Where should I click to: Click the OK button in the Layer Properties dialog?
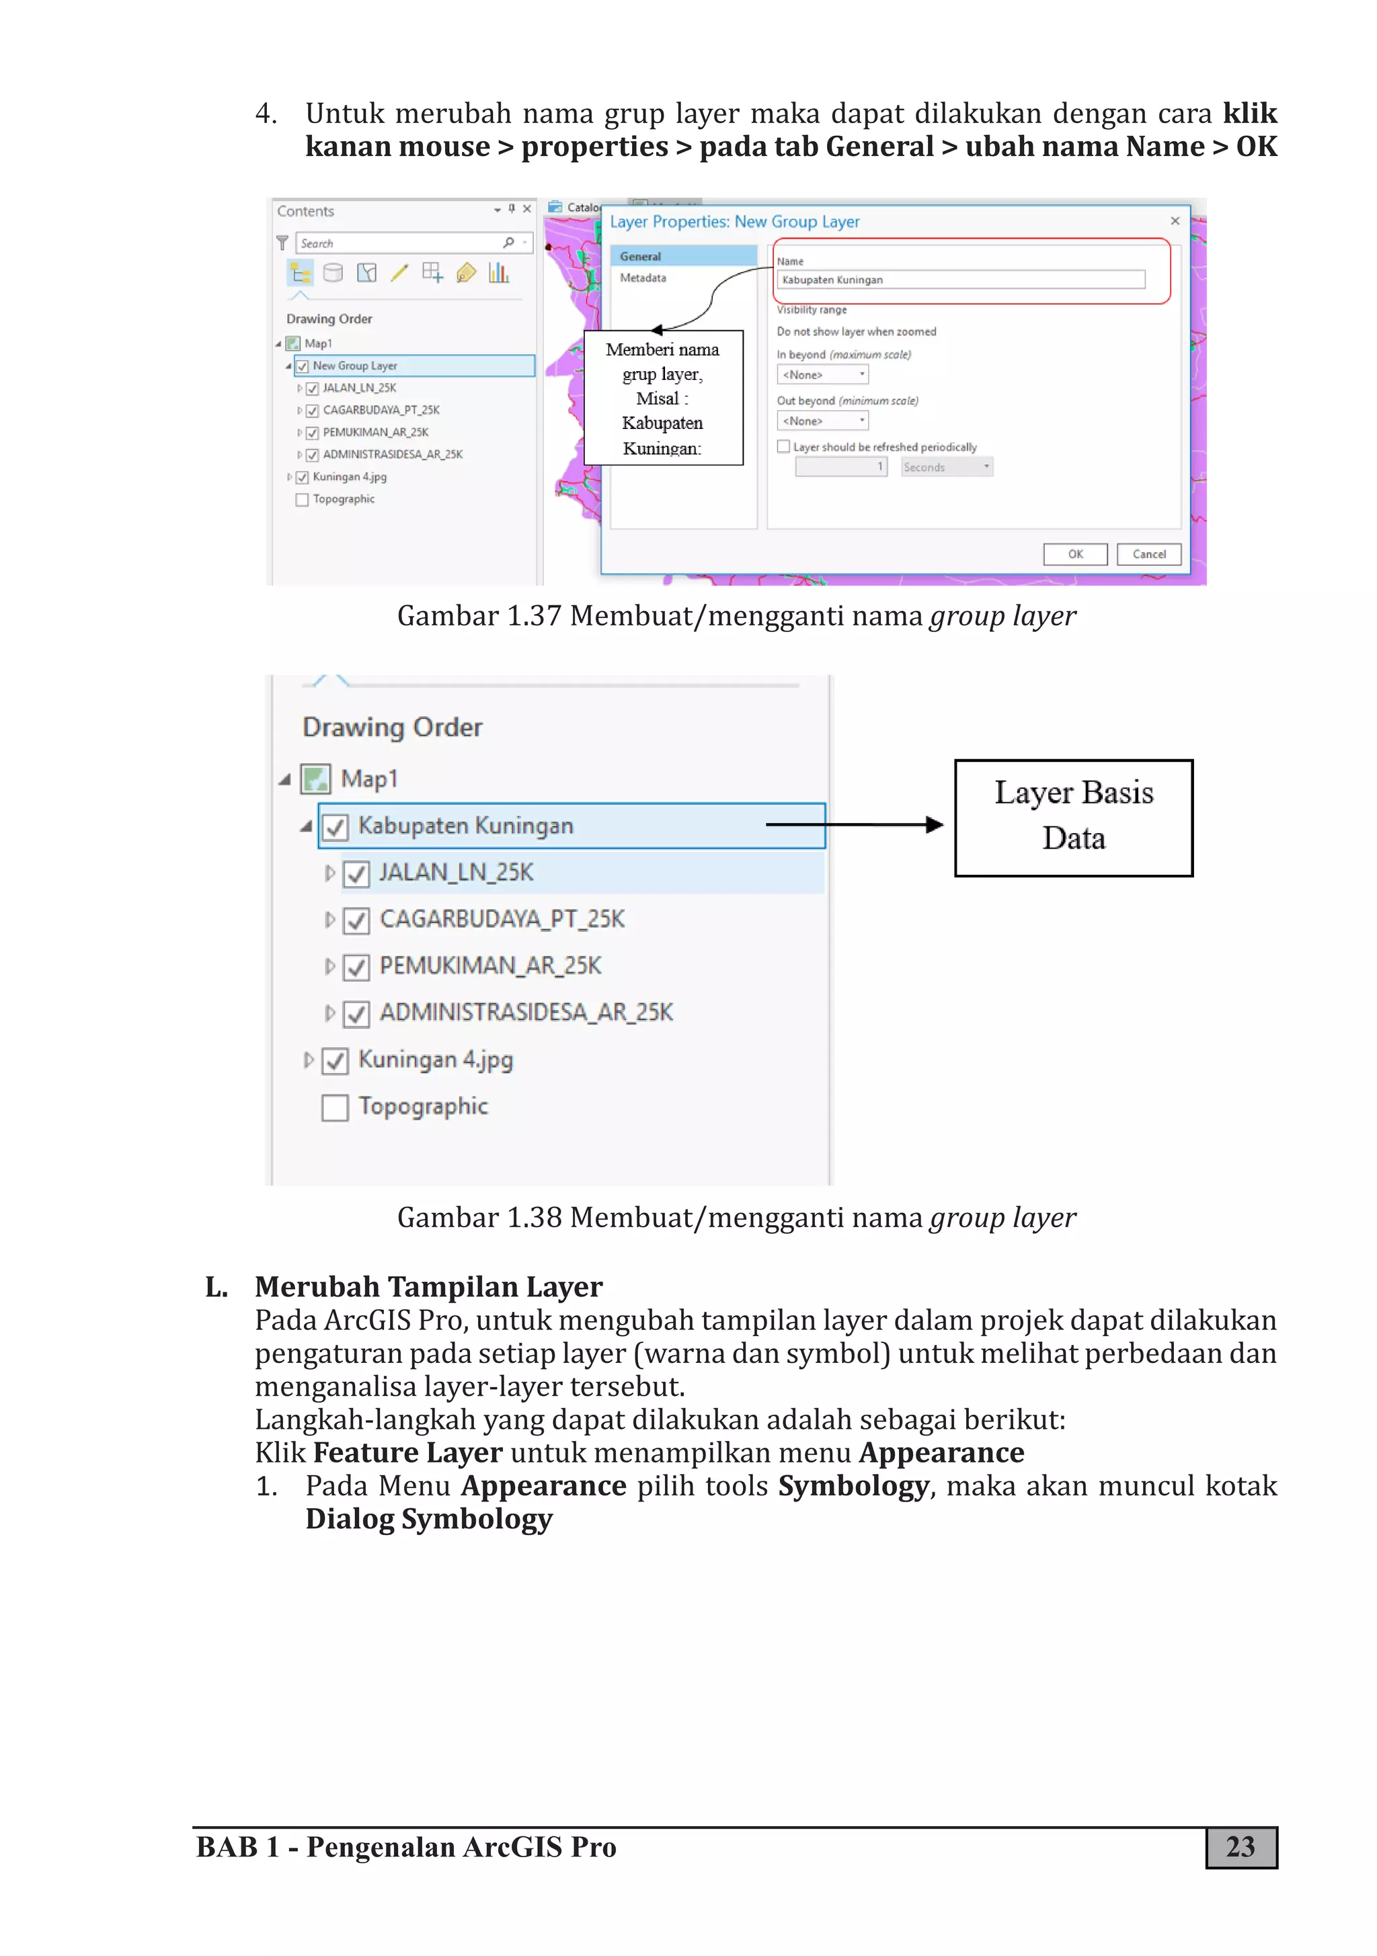pos(1074,555)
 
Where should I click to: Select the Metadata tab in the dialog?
pos(643,278)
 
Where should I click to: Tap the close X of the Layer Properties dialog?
pos(1174,221)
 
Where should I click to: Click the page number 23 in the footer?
pos(1240,1847)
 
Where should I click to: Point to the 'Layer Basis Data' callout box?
pos(1073,817)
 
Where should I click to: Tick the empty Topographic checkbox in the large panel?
pos(335,1107)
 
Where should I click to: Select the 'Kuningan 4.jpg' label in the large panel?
pos(436,1060)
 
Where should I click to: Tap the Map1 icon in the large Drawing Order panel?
pos(316,779)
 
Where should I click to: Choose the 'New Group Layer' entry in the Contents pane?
pos(354,366)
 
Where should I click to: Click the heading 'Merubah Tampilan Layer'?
pos(428,1286)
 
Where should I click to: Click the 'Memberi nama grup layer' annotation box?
pos(663,398)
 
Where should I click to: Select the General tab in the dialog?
pos(641,256)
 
